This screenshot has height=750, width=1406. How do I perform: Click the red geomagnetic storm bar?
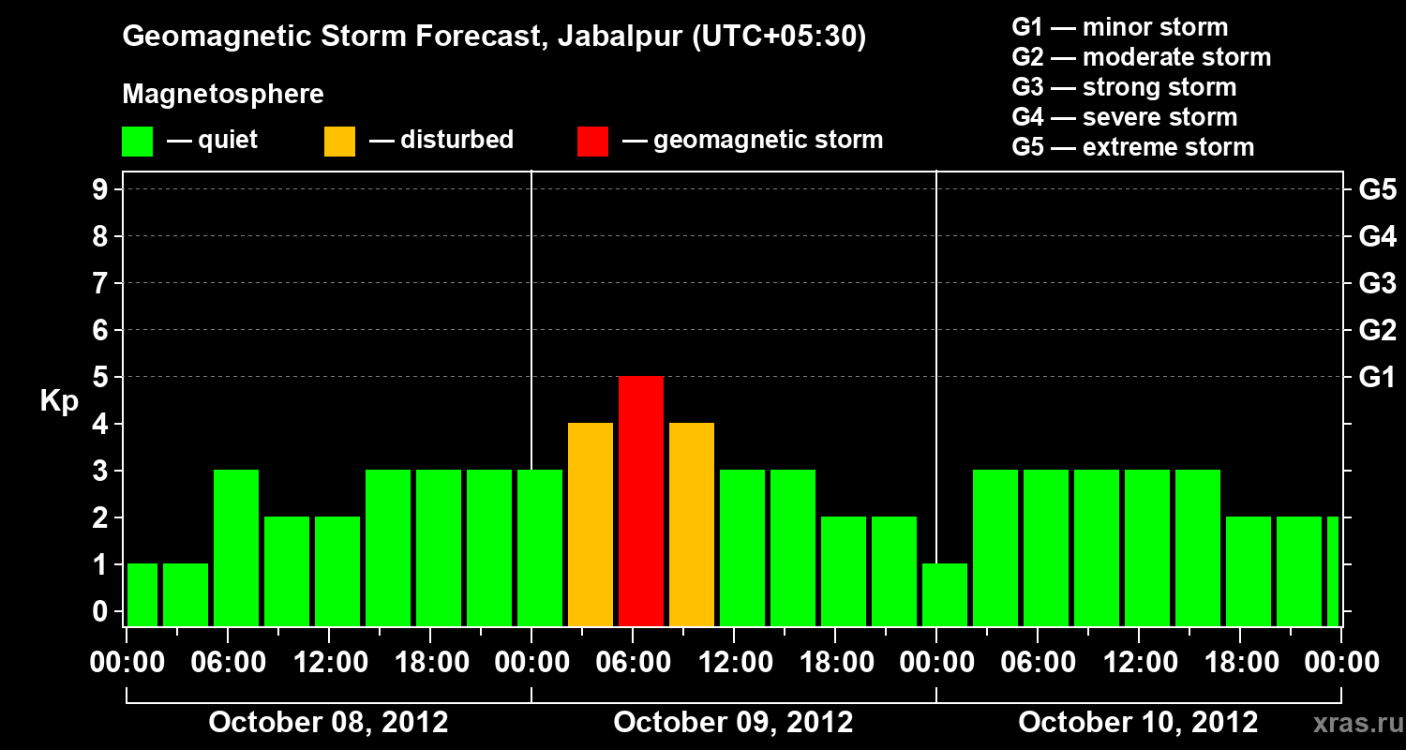point(641,501)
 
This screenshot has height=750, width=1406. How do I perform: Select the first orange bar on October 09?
point(591,524)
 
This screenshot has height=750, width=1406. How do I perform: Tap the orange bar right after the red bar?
point(692,524)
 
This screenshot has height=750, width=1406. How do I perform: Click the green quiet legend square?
point(138,141)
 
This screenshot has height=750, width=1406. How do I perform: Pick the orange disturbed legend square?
point(339,141)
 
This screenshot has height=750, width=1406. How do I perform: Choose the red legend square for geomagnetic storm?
point(592,141)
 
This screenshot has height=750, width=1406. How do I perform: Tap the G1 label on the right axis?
point(1377,378)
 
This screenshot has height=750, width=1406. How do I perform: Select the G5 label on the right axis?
point(1377,190)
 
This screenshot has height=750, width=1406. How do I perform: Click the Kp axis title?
point(59,401)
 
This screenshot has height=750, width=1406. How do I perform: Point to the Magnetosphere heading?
point(223,95)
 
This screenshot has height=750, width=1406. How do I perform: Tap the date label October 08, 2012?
point(328,723)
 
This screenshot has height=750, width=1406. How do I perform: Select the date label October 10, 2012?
point(1138,723)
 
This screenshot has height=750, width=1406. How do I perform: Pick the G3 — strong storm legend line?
point(1124,87)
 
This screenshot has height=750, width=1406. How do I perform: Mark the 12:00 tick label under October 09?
point(734,663)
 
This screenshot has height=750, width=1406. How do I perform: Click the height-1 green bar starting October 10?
point(945,594)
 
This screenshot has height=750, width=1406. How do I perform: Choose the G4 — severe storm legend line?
point(1125,117)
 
